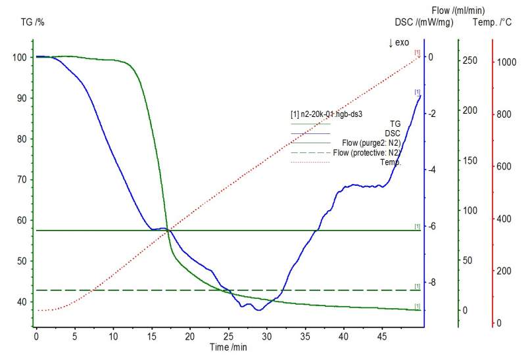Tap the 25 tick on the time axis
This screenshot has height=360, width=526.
click(228, 336)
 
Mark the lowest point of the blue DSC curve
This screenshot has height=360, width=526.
click(259, 309)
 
